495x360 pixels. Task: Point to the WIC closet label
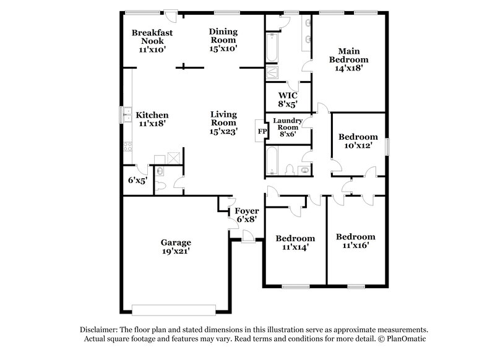pyautogui.click(x=288, y=99)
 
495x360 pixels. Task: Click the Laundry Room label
pyautogui.click(x=288, y=126)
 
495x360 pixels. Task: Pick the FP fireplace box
pyautogui.click(x=260, y=131)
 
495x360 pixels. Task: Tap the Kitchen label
pyautogui.click(x=152, y=119)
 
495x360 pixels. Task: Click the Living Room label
pyautogui.click(x=223, y=122)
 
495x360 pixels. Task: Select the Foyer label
pyautogui.click(x=246, y=215)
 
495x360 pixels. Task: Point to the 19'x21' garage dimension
pyautogui.click(x=176, y=251)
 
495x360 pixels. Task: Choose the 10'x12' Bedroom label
pyautogui.click(x=358, y=141)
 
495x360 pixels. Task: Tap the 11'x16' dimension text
pyautogui.click(x=355, y=246)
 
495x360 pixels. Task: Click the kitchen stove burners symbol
pyautogui.click(x=129, y=147)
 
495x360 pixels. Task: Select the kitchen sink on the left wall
pyautogui.click(x=126, y=114)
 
